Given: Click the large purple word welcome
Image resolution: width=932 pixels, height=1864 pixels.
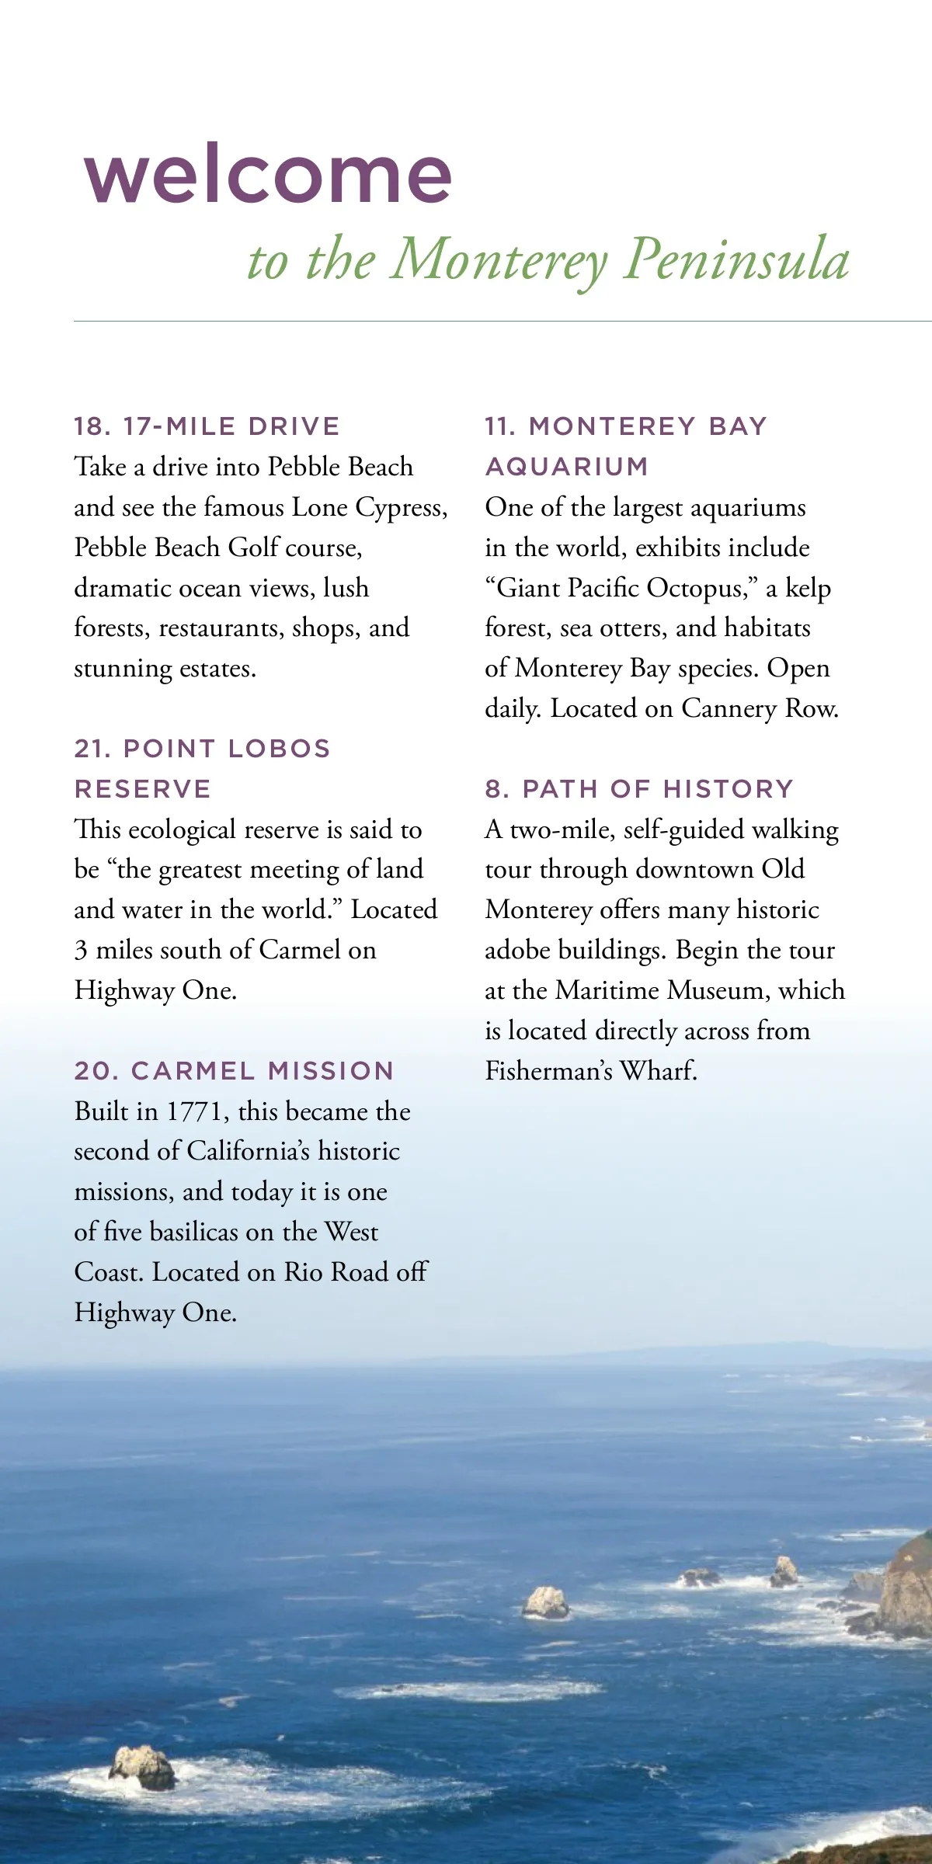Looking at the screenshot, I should pos(268,175).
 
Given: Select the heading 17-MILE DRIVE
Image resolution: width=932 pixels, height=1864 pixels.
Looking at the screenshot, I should pos(231,426).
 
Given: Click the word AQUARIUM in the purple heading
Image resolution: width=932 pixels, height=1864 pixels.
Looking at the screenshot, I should pos(567,467).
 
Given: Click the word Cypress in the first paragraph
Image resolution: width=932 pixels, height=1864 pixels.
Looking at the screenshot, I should pos(399,508).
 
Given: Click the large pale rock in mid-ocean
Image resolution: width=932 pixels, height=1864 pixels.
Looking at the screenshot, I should pos(547,1602).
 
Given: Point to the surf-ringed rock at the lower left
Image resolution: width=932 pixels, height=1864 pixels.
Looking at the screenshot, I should pos(142,1769).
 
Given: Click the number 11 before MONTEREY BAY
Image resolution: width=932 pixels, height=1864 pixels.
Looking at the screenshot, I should pos(500,426).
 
